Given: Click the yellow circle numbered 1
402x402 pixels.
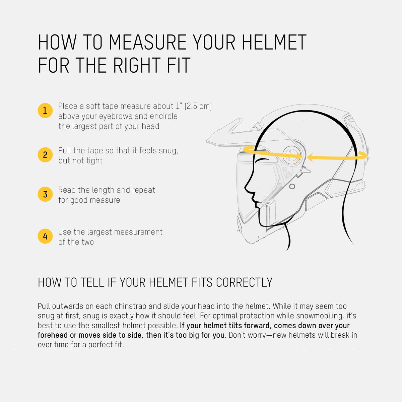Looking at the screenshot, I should (45, 111).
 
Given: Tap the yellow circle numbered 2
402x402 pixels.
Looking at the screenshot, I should (45, 155).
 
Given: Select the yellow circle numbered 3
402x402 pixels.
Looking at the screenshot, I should (45, 194).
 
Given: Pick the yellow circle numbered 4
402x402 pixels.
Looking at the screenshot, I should (45, 236).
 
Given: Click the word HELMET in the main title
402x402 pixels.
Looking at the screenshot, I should (274, 43).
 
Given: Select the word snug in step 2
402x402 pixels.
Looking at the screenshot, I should (167, 151).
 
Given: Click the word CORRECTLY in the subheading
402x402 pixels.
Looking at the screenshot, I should (244, 283).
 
